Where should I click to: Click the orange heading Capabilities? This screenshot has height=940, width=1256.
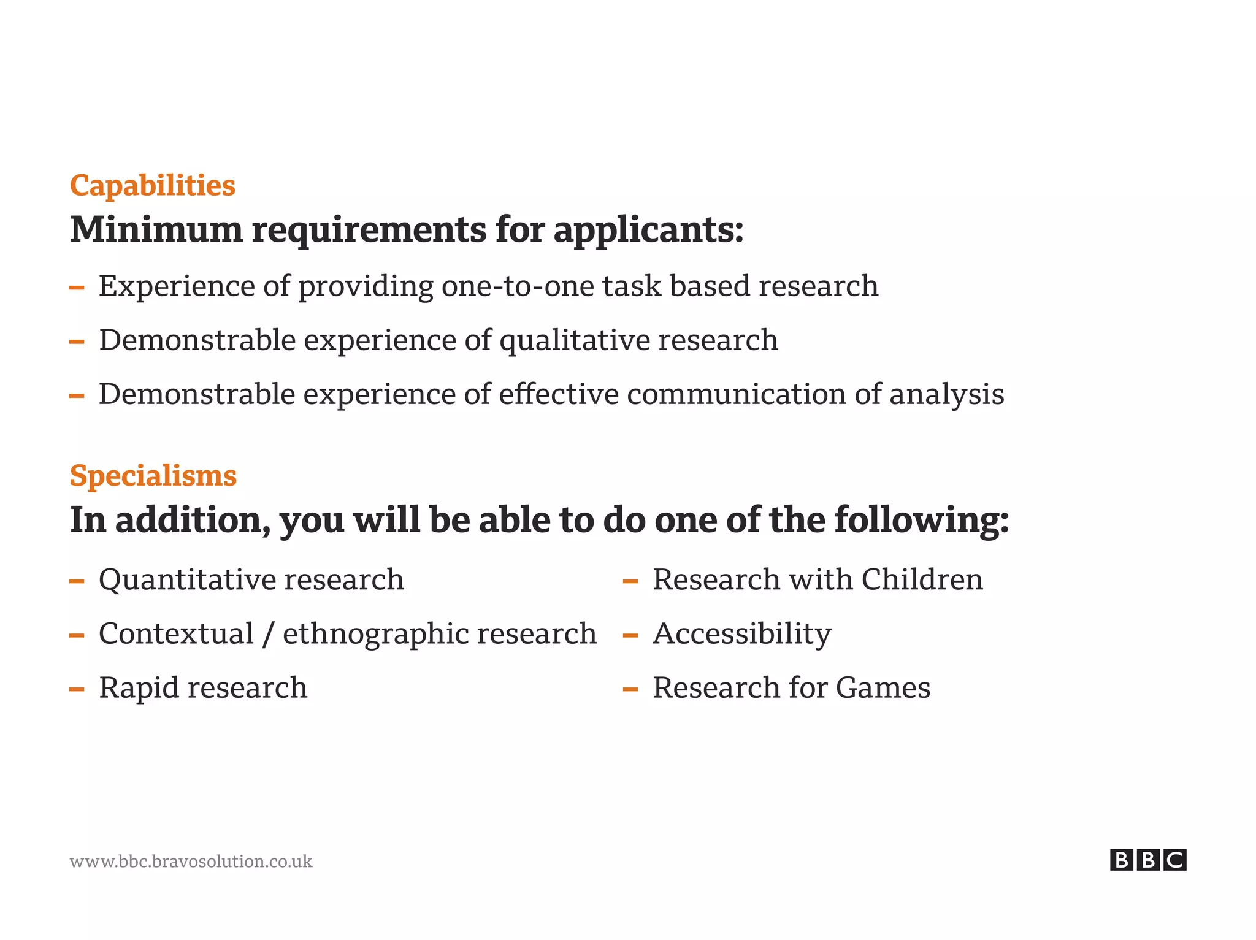point(152,185)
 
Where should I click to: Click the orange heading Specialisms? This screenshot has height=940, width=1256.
point(153,476)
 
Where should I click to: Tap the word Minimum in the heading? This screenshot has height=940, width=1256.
point(156,230)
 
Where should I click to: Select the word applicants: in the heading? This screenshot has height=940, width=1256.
point(648,231)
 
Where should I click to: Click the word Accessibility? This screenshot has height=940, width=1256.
point(741,634)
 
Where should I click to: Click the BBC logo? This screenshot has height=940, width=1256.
point(1147,860)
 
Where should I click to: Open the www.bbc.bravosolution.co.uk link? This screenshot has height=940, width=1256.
point(191,862)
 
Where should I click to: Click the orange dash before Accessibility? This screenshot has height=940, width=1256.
point(630,635)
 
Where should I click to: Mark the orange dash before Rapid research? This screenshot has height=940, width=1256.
point(77,689)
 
